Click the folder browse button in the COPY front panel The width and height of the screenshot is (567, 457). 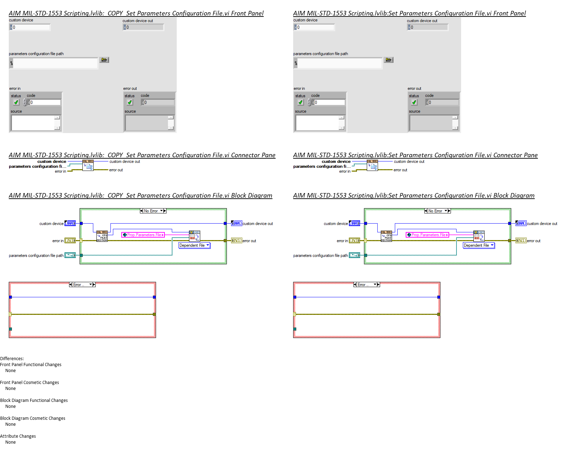pyautogui.click(x=104, y=60)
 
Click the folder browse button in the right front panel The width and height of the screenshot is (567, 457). pyautogui.click(x=389, y=60)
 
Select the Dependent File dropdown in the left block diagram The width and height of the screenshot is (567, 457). pyautogui.click(x=194, y=246)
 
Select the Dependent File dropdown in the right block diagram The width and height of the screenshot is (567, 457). pyautogui.click(x=479, y=246)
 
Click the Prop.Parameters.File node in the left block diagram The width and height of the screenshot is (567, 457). pyautogui.click(x=143, y=235)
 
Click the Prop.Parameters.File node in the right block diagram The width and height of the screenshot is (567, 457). pyautogui.click(x=427, y=235)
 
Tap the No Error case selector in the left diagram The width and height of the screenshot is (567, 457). pyautogui.click(x=153, y=211)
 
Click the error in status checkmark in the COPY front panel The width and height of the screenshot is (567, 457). pyautogui.click(x=16, y=102)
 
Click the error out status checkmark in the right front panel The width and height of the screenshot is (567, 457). pyautogui.click(x=414, y=102)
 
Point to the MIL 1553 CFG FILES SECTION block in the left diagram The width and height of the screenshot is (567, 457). pyautogui.click(x=102, y=236)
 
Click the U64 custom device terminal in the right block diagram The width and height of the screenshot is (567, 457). pyautogui.click(x=355, y=223)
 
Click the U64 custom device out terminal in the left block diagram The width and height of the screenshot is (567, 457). pyautogui.click(x=237, y=223)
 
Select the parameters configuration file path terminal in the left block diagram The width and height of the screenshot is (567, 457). pyautogui.click(x=70, y=255)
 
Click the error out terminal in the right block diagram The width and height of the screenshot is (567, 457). pyautogui.click(x=521, y=240)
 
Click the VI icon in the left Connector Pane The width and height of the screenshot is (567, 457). pyautogui.click(x=88, y=165)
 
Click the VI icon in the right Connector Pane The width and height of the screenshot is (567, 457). pyautogui.click(x=372, y=165)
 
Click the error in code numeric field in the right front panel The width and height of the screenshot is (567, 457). pyautogui.click(x=329, y=102)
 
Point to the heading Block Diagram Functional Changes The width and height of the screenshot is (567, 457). pyautogui.click(x=34, y=400)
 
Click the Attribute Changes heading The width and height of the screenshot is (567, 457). pyautogui.click(x=18, y=436)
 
